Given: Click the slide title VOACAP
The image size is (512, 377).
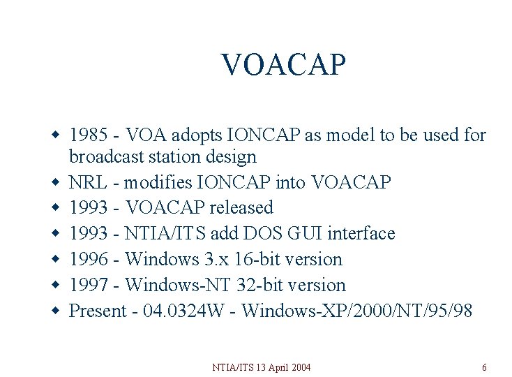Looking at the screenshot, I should click(283, 65).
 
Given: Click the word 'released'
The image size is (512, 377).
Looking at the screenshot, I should click(237, 208).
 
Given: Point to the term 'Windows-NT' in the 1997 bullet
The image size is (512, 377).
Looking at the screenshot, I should click(172, 285).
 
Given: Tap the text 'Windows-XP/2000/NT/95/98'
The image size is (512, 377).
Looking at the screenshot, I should click(357, 311).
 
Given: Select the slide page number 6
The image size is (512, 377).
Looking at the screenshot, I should click(484, 367).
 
